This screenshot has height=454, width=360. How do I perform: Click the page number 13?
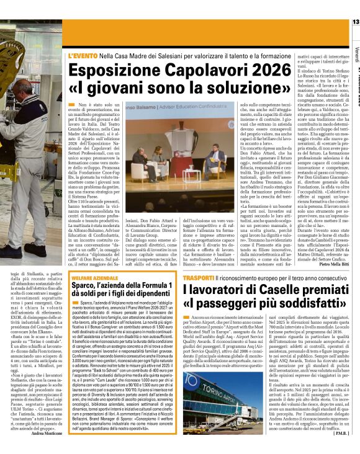pos(355,23)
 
